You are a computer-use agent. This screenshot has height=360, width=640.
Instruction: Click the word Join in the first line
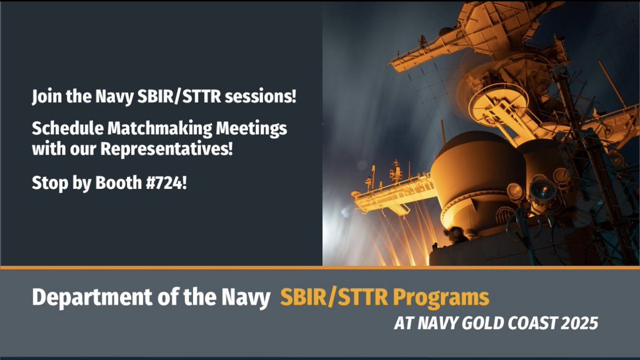click(x=45, y=98)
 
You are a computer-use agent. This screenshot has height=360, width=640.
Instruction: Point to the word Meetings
click(x=256, y=129)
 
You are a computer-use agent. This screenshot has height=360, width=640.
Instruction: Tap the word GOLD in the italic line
click(x=474, y=324)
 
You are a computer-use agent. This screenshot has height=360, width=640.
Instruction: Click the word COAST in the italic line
click(x=524, y=324)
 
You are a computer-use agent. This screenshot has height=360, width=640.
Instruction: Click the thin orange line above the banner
click(x=320, y=267)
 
